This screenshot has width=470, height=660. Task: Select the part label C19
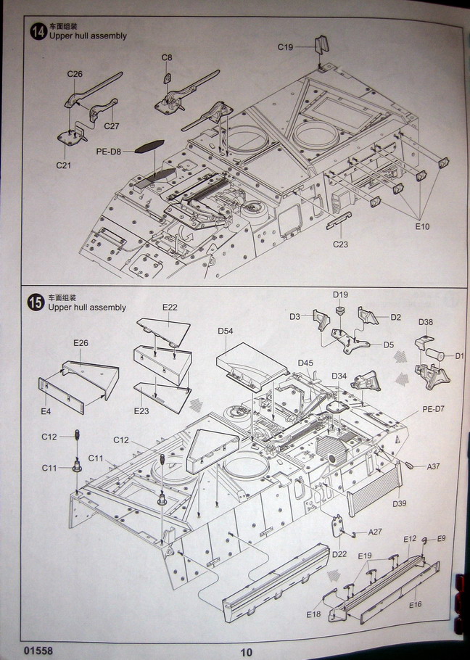click(285, 47)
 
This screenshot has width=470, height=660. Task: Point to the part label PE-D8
click(109, 152)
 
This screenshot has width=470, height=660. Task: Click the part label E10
click(422, 226)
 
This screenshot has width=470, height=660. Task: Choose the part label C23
click(341, 244)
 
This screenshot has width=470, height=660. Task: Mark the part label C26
click(75, 73)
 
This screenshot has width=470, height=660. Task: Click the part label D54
click(226, 331)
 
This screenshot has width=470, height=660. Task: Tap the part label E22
click(170, 308)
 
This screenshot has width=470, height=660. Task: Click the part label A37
click(434, 466)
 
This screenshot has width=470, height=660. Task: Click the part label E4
click(45, 411)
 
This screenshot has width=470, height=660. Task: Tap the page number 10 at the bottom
click(247, 651)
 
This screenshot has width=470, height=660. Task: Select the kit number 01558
click(37, 651)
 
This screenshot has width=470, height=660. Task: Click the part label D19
click(340, 294)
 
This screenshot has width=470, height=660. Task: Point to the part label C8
click(167, 57)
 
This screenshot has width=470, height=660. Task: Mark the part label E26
click(81, 342)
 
